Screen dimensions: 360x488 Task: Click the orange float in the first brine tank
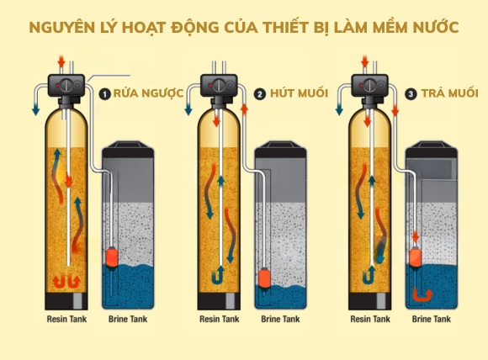click(x=112, y=257)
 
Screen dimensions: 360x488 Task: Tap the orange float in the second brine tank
click(x=263, y=276)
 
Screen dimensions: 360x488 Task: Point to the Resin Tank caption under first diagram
click(x=69, y=320)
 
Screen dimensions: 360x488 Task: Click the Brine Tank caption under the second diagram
click(x=280, y=320)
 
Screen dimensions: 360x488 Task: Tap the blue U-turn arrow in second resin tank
click(x=216, y=274)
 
